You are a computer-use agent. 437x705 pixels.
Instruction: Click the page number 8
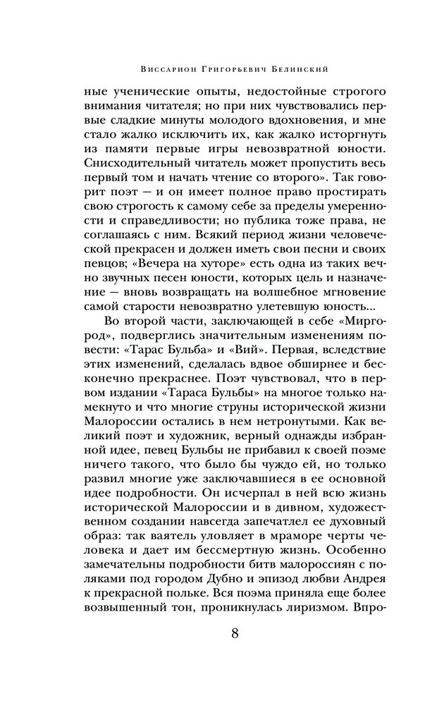(x=234, y=632)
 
